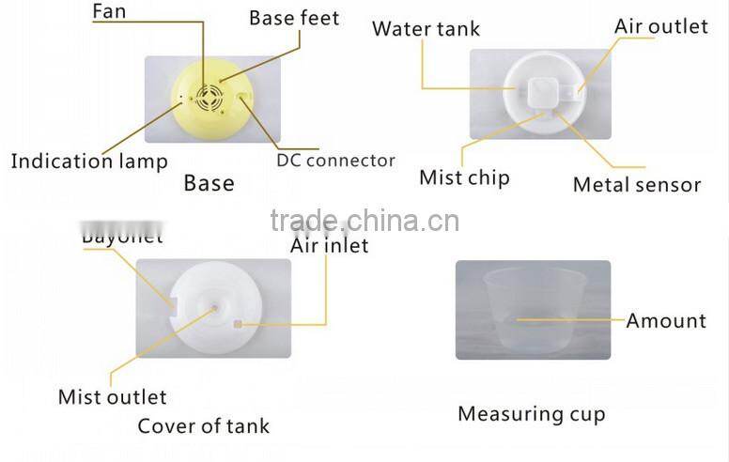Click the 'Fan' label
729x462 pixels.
tap(110, 13)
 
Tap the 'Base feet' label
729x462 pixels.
tap(293, 18)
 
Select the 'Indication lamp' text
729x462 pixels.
tap(89, 162)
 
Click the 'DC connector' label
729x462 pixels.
tap(335, 161)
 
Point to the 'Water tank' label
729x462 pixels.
tap(426, 28)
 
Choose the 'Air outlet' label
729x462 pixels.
tap(660, 26)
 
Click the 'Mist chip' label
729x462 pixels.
tap(464, 177)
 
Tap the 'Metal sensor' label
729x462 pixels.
tap(637, 184)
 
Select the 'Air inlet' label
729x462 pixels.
tap(329, 246)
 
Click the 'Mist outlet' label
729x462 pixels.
tap(113, 396)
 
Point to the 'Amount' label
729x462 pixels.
tap(666, 321)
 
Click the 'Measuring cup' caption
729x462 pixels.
tap(532, 413)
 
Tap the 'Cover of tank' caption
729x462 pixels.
tap(203, 425)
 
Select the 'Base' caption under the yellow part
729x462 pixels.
tap(209, 182)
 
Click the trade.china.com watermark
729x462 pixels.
tap(364, 221)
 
